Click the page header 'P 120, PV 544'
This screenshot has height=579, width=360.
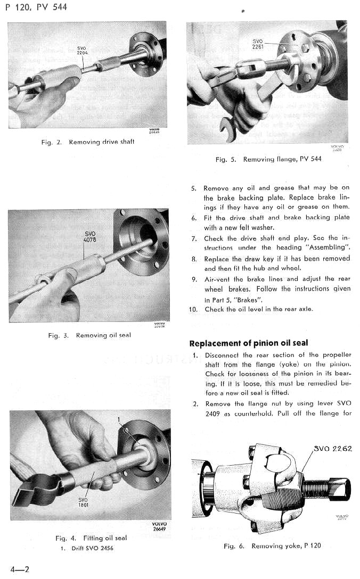tap(37, 8)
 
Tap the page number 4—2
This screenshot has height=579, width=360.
tap(19, 569)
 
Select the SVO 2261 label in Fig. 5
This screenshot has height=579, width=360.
tap(258, 44)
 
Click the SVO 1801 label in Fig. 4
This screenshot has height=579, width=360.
tap(83, 502)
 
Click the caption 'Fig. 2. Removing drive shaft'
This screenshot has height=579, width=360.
tap(88, 142)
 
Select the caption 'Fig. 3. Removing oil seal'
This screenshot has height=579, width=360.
tap(89, 335)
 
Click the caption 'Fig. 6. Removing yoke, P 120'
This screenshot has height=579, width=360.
tap(272, 546)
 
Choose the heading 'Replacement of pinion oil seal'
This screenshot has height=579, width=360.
tap(249, 343)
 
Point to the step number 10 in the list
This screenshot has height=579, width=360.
tap(193, 309)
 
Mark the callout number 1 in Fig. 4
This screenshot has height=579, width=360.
tap(120, 420)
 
